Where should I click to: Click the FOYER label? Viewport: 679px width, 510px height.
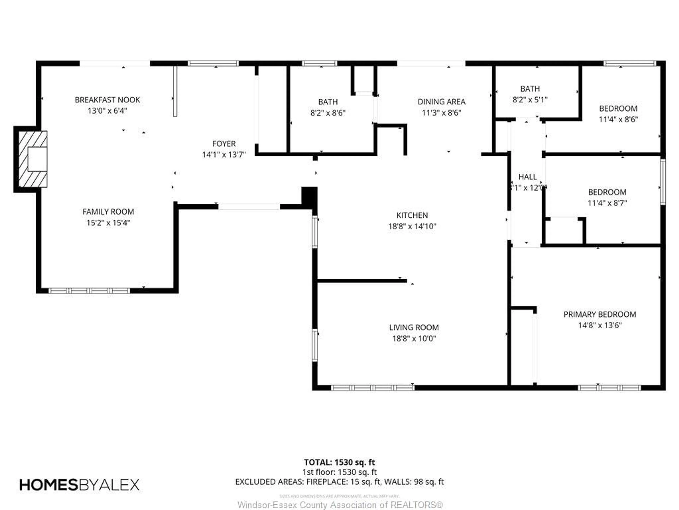coord(224,144)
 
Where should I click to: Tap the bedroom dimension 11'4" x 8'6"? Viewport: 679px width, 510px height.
coord(618,120)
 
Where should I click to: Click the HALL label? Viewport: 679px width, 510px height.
coord(527,177)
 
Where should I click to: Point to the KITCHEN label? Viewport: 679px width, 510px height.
coord(412,215)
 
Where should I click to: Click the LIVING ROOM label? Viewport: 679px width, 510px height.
coord(414,327)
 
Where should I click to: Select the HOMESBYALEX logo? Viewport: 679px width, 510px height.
coord(79,485)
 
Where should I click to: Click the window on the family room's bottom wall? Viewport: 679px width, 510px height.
coord(89,291)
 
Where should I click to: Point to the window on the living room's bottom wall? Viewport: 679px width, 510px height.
coord(373,388)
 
